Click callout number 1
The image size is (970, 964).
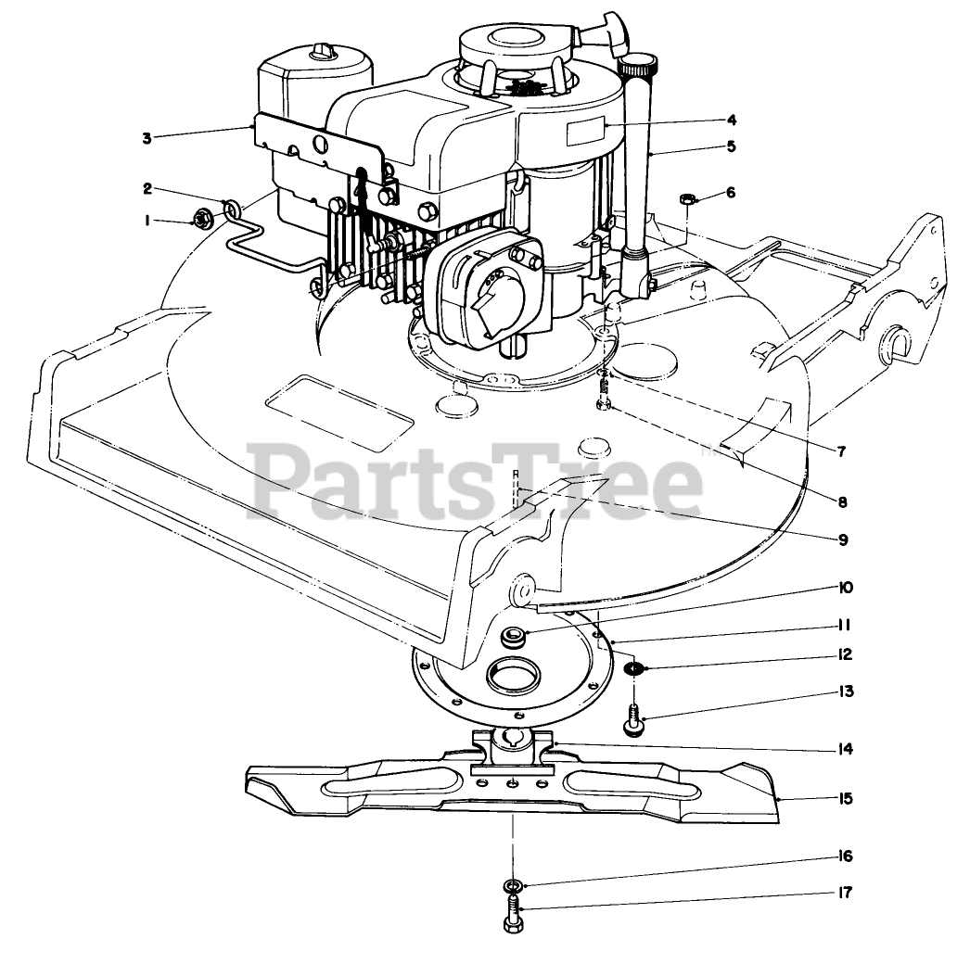pyautogui.click(x=146, y=221)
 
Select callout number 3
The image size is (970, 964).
pyautogui.click(x=146, y=138)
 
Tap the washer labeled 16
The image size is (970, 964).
pyautogui.click(x=514, y=884)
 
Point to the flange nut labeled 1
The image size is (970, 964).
pyautogui.click(x=199, y=220)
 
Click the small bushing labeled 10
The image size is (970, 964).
pyautogui.click(x=511, y=637)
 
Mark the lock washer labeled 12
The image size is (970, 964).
pyautogui.click(x=633, y=669)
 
